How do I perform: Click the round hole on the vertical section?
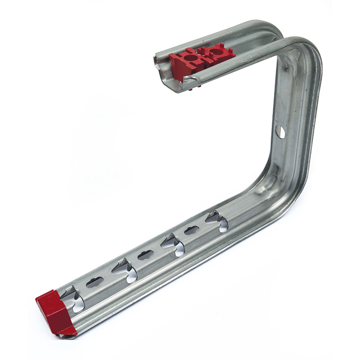279,132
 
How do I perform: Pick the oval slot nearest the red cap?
94,282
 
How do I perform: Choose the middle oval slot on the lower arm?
145,255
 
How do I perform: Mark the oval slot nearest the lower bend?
192,230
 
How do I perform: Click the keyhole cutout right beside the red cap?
74,299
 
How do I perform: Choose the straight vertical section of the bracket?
292,121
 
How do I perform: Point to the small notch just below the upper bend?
286,68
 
